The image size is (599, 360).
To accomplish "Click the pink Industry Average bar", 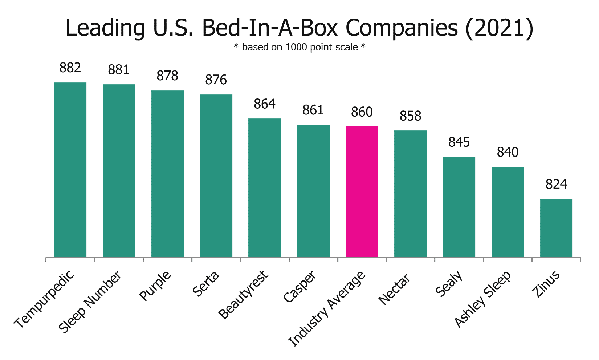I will (x=362, y=192).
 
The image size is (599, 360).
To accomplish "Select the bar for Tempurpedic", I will (x=70, y=170).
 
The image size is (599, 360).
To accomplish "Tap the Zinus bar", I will (x=556, y=228).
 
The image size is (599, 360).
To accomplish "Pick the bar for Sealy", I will (x=459, y=207).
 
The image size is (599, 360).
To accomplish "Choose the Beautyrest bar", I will (x=264, y=188).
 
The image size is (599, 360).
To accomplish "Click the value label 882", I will (x=70, y=68).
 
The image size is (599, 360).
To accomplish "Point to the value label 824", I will (x=556, y=185).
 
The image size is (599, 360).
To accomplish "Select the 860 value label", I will (x=362, y=112).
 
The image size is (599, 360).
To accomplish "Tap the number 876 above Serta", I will (x=216, y=80).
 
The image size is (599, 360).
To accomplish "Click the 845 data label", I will (x=459, y=142).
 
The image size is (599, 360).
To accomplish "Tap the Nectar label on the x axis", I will (x=394, y=289).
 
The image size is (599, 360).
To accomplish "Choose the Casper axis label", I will (x=300, y=287).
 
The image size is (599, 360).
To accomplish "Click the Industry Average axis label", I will (x=327, y=309).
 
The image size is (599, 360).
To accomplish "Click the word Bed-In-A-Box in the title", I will (x=272, y=28).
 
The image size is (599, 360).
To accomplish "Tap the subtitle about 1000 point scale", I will (x=299, y=47).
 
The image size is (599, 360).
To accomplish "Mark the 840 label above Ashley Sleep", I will (x=508, y=152).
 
